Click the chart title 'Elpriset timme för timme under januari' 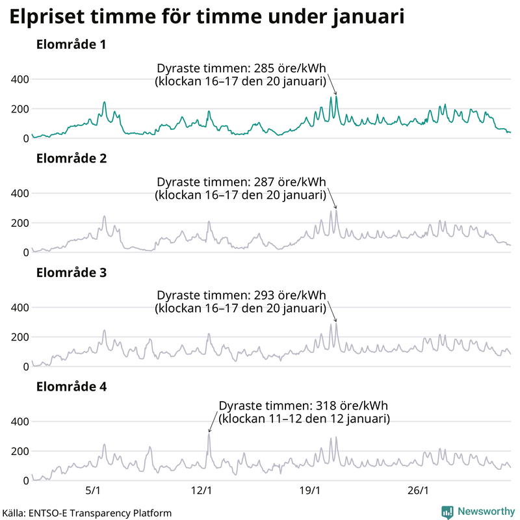(x=207, y=18)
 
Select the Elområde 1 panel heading (x=71, y=45)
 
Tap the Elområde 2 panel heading (x=71, y=159)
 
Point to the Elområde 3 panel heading (x=71, y=273)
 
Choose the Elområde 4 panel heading (x=71, y=387)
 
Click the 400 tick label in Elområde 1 (x=21, y=79)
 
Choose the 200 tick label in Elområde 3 (x=21, y=337)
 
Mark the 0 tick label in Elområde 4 (x=26, y=480)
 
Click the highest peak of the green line (x=336, y=97)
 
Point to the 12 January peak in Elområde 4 (x=209, y=434)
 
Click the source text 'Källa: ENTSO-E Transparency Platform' (x=86, y=513)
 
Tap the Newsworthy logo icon (x=447, y=512)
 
